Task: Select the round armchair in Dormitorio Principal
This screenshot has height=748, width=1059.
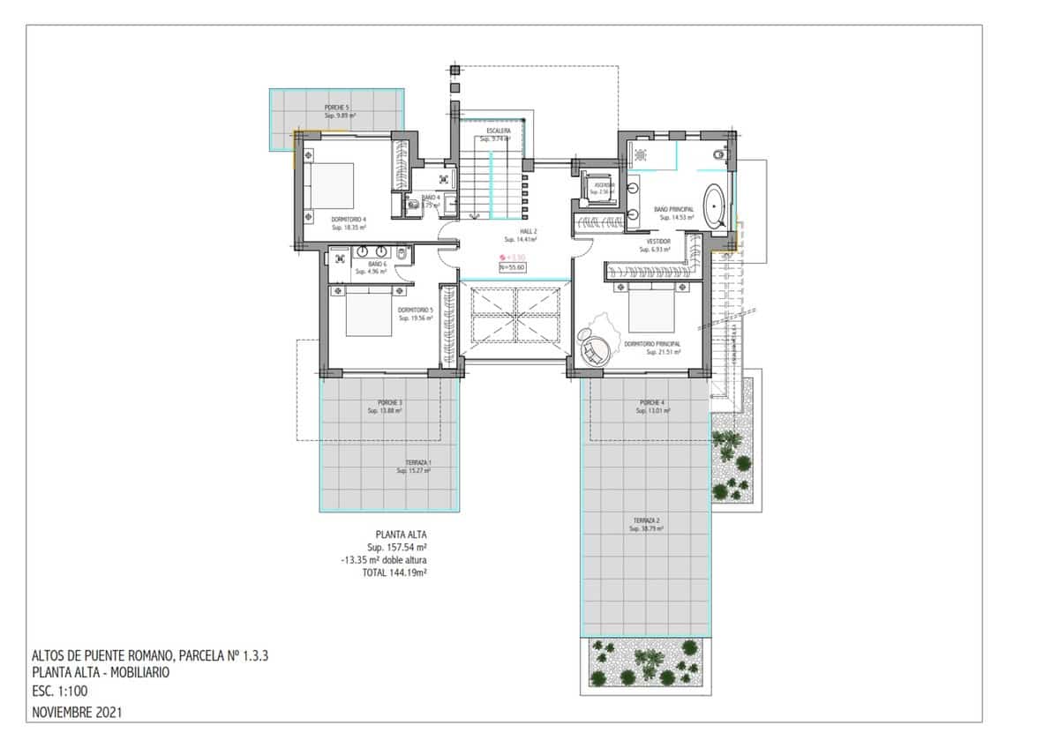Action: (593, 345)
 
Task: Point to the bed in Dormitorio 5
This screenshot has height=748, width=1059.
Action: (367, 313)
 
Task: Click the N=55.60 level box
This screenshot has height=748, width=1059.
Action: (512, 267)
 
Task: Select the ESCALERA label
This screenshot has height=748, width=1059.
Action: (492, 131)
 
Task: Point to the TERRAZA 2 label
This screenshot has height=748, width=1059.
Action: (646, 520)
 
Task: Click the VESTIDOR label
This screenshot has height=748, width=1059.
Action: (658, 241)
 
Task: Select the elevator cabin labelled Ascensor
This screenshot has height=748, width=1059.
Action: (604, 190)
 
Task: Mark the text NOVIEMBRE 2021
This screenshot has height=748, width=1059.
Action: (76, 710)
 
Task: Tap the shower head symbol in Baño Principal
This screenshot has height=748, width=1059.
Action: (639, 155)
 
